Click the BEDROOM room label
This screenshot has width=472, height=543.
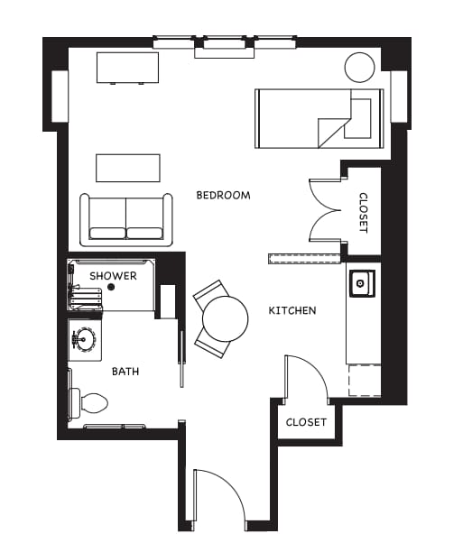(x=223, y=196)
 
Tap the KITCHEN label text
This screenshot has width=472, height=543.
(x=292, y=310)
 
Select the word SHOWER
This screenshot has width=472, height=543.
(x=113, y=276)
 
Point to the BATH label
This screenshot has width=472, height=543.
(x=125, y=372)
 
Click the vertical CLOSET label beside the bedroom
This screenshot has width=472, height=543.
(x=363, y=213)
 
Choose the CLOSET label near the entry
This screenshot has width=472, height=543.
(x=306, y=422)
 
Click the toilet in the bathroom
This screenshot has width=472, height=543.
(x=88, y=403)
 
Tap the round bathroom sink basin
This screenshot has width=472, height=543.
(x=84, y=339)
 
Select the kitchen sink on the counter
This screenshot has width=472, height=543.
(x=362, y=283)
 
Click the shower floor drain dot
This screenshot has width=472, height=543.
(x=111, y=287)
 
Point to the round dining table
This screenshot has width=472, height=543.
(x=226, y=318)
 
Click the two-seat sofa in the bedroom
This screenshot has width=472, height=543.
(x=126, y=220)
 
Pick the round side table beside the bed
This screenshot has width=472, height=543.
(x=360, y=67)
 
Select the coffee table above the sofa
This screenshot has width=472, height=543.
(x=128, y=168)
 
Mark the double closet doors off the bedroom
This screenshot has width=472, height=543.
(x=325, y=210)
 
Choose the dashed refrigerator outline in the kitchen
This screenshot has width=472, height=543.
(x=365, y=380)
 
